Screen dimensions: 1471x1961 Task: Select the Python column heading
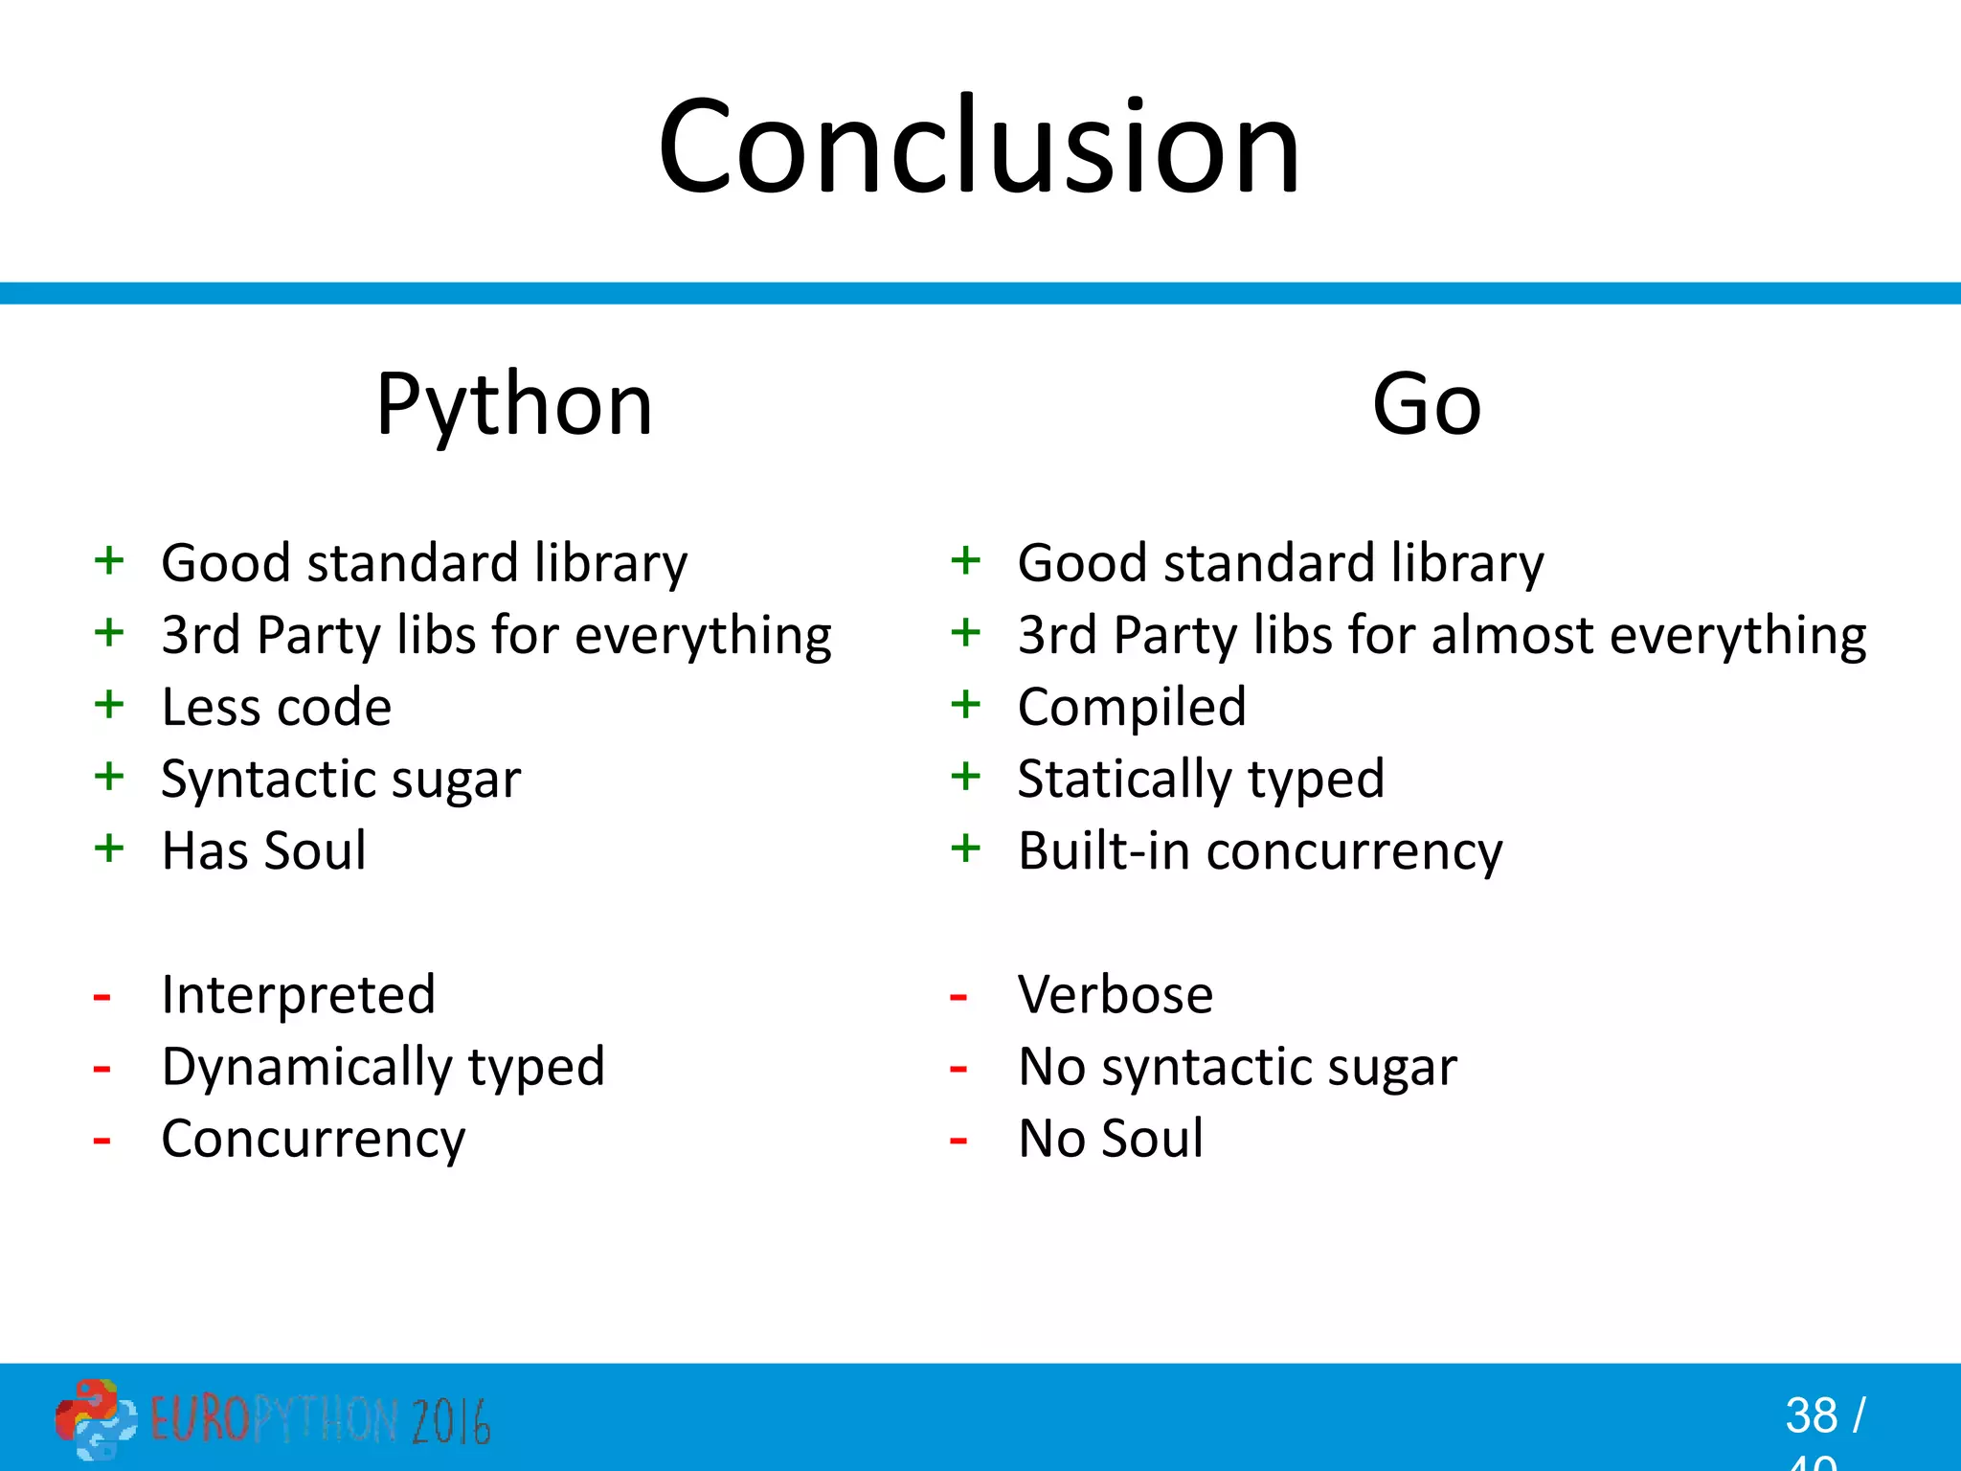pos(514,405)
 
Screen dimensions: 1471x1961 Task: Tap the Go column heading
pos(1426,405)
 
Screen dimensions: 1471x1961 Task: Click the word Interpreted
pos(298,994)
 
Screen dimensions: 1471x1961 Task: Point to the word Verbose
pos(1115,994)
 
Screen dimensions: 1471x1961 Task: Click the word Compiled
pos(1132,708)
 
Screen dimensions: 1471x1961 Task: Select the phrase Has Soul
pos(263,850)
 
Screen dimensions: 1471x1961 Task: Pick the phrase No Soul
pos(1110,1139)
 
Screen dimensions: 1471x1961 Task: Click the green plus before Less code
pos(109,705)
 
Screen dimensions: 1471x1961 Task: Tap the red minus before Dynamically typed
pos(101,1069)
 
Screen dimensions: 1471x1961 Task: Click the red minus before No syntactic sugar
pos(958,1069)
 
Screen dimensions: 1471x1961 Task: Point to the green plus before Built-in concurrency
pos(965,849)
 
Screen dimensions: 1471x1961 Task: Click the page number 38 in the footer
pos(1811,1415)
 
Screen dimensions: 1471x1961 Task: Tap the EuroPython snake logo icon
pos(94,1418)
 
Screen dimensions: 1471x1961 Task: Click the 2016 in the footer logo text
pos(451,1421)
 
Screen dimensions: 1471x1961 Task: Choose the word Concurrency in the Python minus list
pos(313,1140)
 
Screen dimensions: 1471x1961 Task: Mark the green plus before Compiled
pos(965,705)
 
